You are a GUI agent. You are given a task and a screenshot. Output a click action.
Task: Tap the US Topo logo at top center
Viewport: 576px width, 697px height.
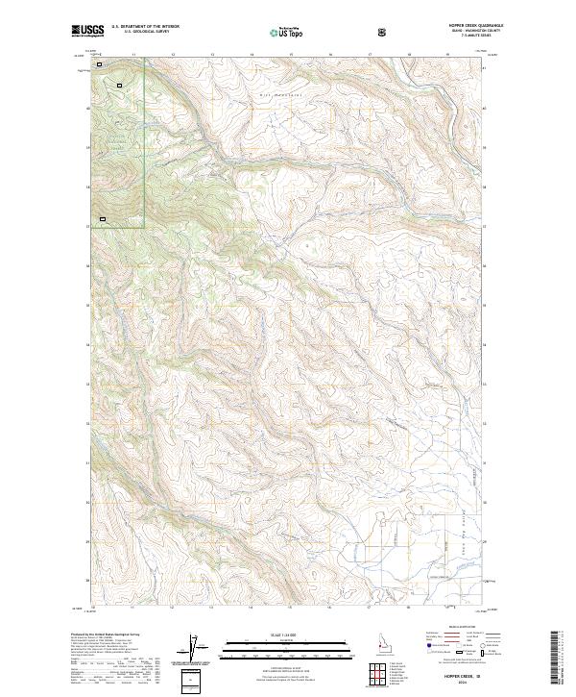coord(287,33)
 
